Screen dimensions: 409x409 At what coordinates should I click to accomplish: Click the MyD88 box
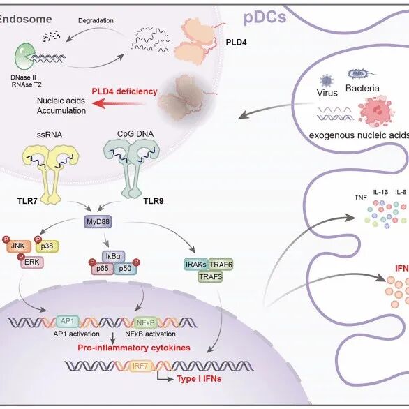(x=98, y=222)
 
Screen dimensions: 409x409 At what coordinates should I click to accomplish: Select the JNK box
(x=19, y=246)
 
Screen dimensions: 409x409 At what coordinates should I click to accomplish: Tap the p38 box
(x=47, y=246)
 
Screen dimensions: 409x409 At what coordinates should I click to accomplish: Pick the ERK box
(x=32, y=262)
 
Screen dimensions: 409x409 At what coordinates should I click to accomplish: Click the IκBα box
(x=114, y=256)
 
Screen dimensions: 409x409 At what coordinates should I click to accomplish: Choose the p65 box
(x=103, y=269)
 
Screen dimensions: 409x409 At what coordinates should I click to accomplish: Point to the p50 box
(x=125, y=269)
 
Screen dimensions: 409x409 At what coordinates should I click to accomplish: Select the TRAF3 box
(x=211, y=276)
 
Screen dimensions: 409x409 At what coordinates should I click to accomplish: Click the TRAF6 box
(x=221, y=265)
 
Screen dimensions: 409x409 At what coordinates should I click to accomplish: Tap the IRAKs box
(x=196, y=265)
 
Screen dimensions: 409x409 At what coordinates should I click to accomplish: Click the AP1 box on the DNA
(x=68, y=322)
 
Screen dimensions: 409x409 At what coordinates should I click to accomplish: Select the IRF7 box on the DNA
(x=140, y=366)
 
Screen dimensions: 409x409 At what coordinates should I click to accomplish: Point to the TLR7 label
(x=27, y=201)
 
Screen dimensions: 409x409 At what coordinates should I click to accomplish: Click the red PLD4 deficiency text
(x=125, y=91)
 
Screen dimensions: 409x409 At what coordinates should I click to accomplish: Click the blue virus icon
(x=327, y=80)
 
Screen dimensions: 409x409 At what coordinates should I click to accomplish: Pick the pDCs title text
(x=265, y=17)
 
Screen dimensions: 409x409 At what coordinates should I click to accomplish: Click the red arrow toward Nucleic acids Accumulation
(x=119, y=103)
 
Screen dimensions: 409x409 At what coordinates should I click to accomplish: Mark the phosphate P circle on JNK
(x=6, y=239)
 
